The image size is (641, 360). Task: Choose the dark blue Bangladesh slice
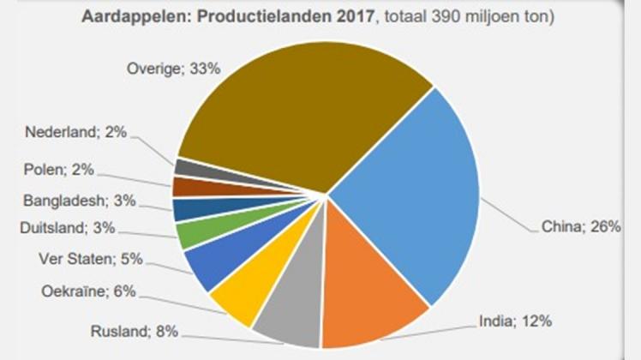click(185, 209)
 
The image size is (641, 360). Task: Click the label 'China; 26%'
click(581, 228)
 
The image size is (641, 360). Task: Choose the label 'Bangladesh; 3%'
click(75, 200)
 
